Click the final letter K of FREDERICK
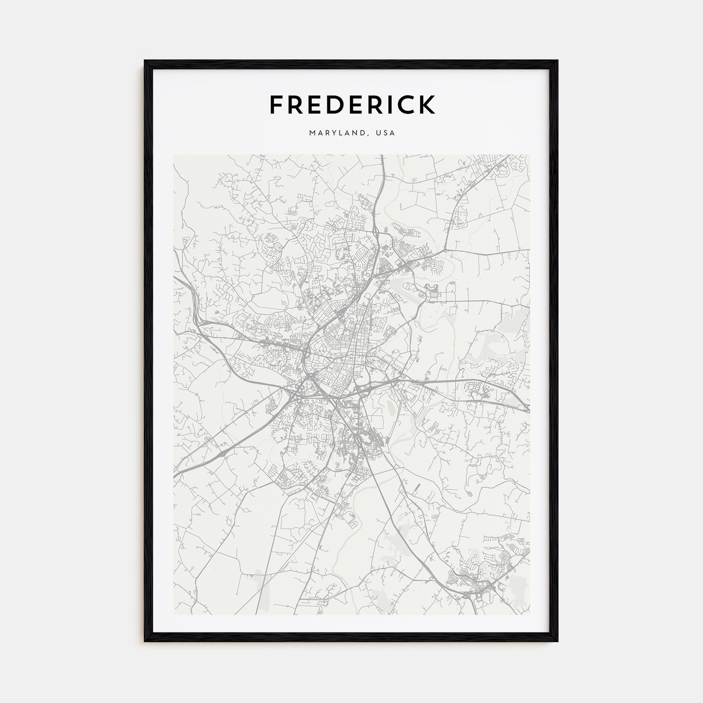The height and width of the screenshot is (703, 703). pos(427,105)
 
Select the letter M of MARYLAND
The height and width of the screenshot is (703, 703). pos(312,133)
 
